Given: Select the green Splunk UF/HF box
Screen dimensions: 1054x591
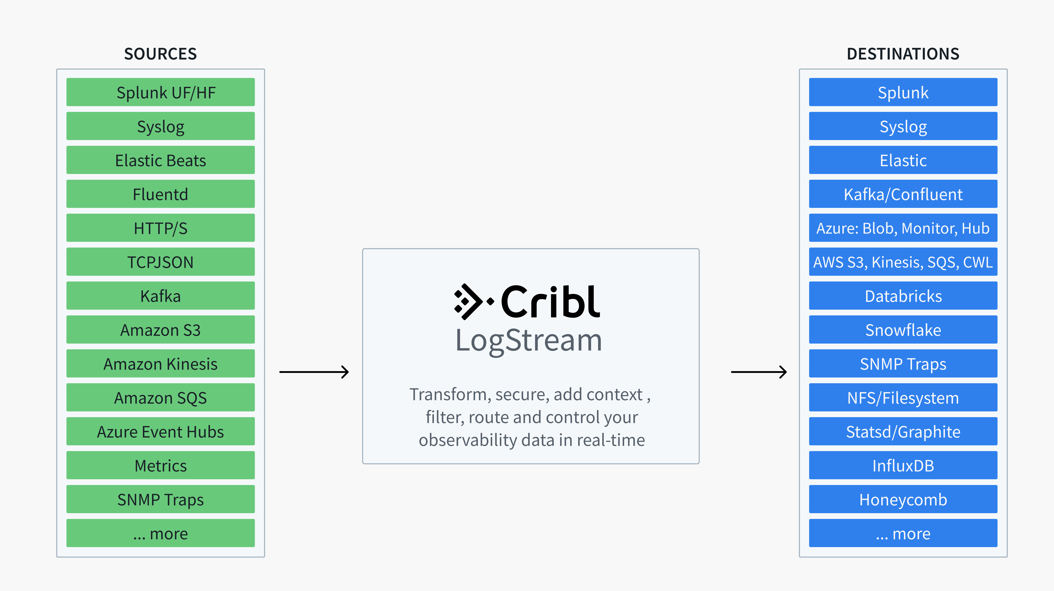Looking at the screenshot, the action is (160, 92).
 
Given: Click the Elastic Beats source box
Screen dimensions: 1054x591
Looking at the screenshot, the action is (160, 160).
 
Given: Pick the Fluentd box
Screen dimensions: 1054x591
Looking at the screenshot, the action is (160, 194).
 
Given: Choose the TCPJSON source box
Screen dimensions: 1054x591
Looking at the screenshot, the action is (160, 262).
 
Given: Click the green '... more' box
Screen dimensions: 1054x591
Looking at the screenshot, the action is (160, 533).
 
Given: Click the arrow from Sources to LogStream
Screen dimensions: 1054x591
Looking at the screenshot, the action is (314, 372).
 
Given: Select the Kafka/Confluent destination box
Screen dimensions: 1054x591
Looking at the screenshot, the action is (903, 194).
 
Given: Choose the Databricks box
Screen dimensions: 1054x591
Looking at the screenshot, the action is (903, 296).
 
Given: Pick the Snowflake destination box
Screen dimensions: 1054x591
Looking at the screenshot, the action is (903, 330).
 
